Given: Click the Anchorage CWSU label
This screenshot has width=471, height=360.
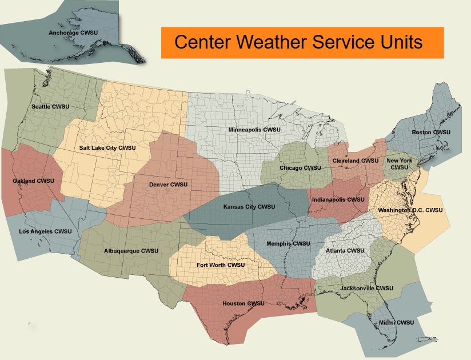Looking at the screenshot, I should coord(73,33).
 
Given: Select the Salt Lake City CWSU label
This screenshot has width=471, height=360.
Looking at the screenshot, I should coord(107,148).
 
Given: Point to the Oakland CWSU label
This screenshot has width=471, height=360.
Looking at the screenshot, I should coord(33,181).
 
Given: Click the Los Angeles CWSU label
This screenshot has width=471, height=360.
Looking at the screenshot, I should coord(45,231).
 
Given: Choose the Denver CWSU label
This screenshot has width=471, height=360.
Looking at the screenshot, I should coord(168,185).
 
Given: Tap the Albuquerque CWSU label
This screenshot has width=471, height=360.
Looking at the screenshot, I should coord(131,251).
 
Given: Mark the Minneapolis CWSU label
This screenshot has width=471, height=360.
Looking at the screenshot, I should coord(254,130).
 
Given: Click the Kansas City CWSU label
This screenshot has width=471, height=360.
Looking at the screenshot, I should coord(249,207).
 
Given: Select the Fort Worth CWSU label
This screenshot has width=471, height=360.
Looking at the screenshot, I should coord(221,265).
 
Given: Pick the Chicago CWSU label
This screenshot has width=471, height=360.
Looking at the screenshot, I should coord(300,168).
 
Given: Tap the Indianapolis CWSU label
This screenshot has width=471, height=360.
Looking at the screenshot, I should coord(338,200).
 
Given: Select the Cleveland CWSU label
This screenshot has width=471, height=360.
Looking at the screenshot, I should coord(356,161).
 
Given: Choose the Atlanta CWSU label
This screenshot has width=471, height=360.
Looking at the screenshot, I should coord(345,251).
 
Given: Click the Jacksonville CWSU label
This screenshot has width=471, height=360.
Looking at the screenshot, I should coord(366,288).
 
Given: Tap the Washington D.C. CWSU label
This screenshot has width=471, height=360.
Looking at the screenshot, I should coord(410,210).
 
